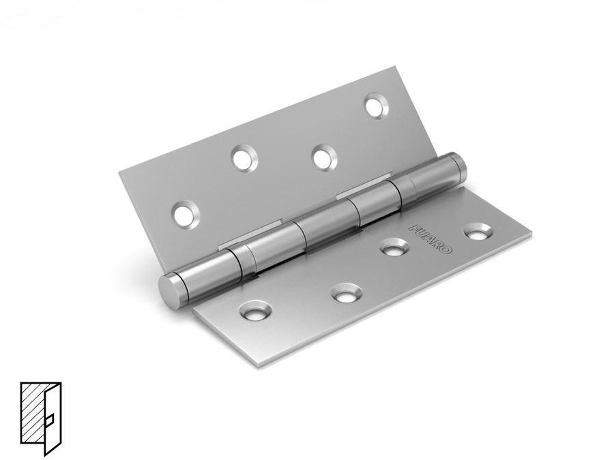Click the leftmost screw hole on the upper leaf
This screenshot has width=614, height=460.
186,213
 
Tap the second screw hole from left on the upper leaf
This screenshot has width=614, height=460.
244,157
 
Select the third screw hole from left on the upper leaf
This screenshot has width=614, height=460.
325,157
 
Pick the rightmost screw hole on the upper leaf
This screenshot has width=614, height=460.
377,105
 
